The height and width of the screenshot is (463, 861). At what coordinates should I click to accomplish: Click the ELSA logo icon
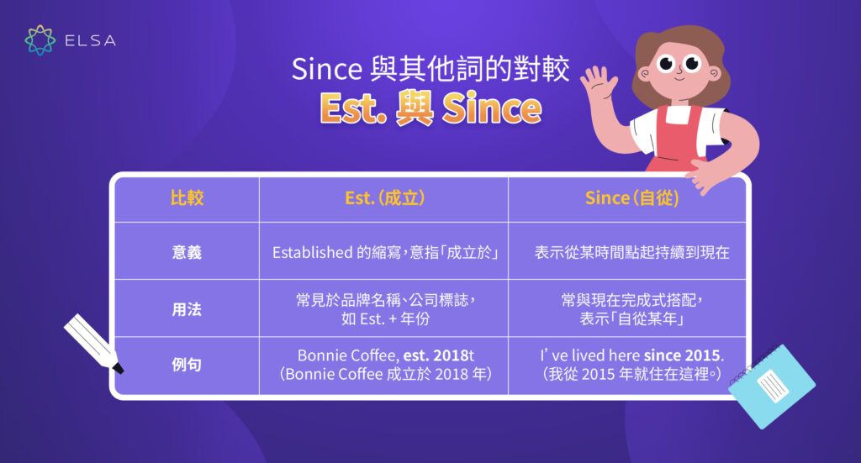[x=40, y=40]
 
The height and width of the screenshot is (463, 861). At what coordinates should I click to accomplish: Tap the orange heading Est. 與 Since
[x=430, y=108]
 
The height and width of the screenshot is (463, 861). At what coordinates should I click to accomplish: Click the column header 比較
[x=187, y=198]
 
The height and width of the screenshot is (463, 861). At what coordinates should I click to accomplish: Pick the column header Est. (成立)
[x=384, y=198]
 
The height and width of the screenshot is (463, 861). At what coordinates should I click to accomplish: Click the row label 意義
[x=187, y=251]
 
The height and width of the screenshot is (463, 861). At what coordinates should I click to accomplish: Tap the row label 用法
[x=187, y=308]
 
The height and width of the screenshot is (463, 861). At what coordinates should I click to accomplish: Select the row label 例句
[x=187, y=365]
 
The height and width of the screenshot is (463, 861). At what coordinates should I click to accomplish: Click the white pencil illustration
[x=93, y=343]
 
